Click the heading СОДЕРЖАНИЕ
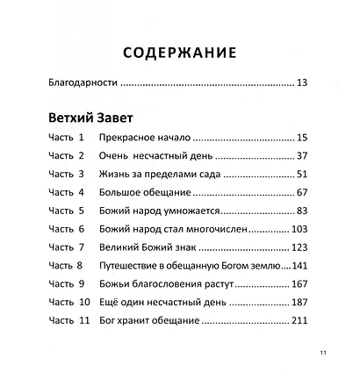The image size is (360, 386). (179, 53)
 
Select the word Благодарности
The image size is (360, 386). (80, 84)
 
